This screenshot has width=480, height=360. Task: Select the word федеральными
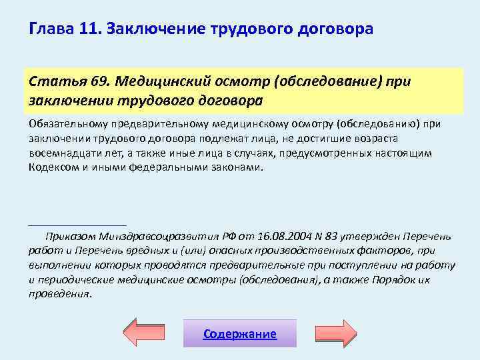174,167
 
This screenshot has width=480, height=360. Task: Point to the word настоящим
407,153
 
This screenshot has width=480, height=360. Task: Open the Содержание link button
239,334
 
